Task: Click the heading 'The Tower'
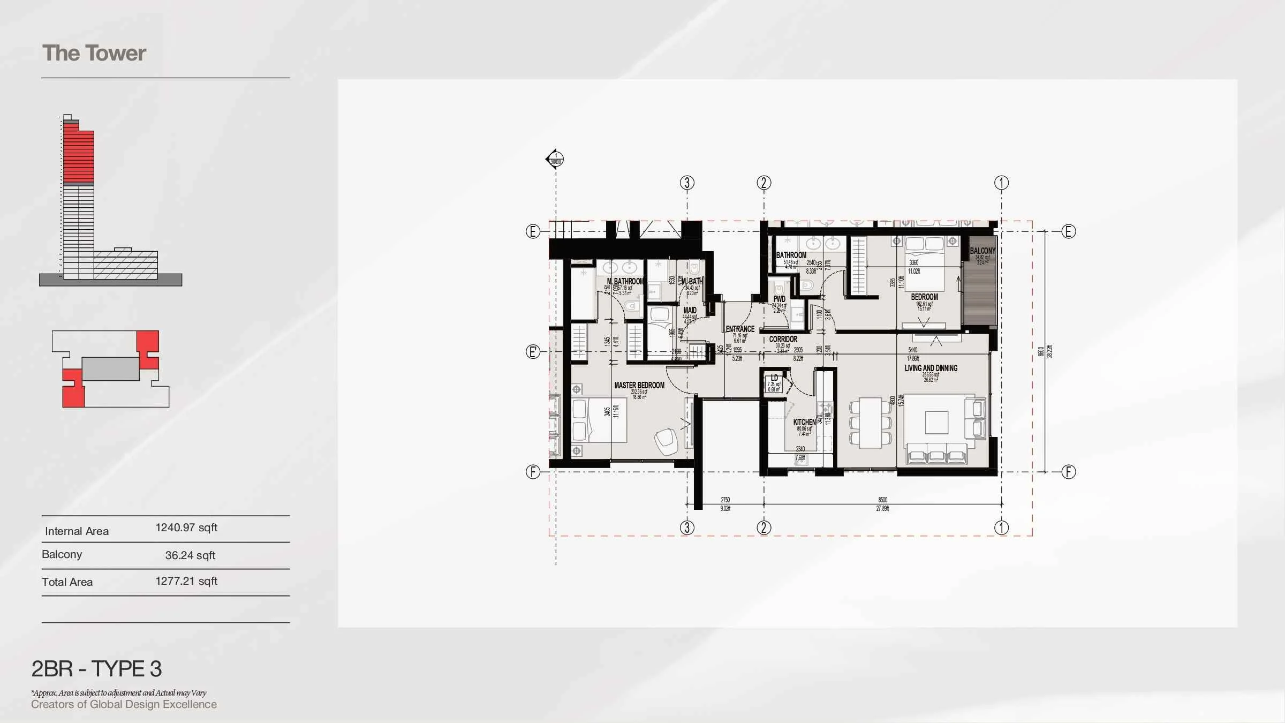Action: pyautogui.click(x=94, y=53)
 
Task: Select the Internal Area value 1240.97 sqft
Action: pyautogui.click(x=186, y=528)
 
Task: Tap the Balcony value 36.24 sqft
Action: pyautogui.click(x=190, y=555)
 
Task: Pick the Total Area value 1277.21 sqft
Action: pyautogui.click(x=186, y=581)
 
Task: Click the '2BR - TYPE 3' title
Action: pyautogui.click(x=96, y=669)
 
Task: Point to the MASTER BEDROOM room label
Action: pyautogui.click(x=639, y=385)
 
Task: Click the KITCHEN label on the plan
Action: pyautogui.click(x=804, y=422)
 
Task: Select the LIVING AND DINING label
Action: pyautogui.click(x=931, y=368)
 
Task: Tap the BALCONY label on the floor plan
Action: pyautogui.click(x=982, y=251)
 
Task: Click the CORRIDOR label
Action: pyautogui.click(x=783, y=339)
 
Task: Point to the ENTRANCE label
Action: pyautogui.click(x=740, y=329)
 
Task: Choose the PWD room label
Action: pyautogui.click(x=779, y=299)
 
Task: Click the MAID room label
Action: pyautogui.click(x=690, y=310)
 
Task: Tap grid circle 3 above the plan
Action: pyautogui.click(x=687, y=183)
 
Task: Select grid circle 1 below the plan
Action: pyautogui.click(x=1001, y=528)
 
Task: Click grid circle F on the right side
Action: pyautogui.click(x=1068, y=472)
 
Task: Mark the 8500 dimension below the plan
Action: pyautogui.click(x=882, y=500)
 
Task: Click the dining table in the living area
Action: pyautogui.click(x=870, y=423)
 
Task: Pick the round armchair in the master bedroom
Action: pyautogui.click(x=666, y=441)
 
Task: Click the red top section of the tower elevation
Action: pyautogui.click(x=78, y=155)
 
